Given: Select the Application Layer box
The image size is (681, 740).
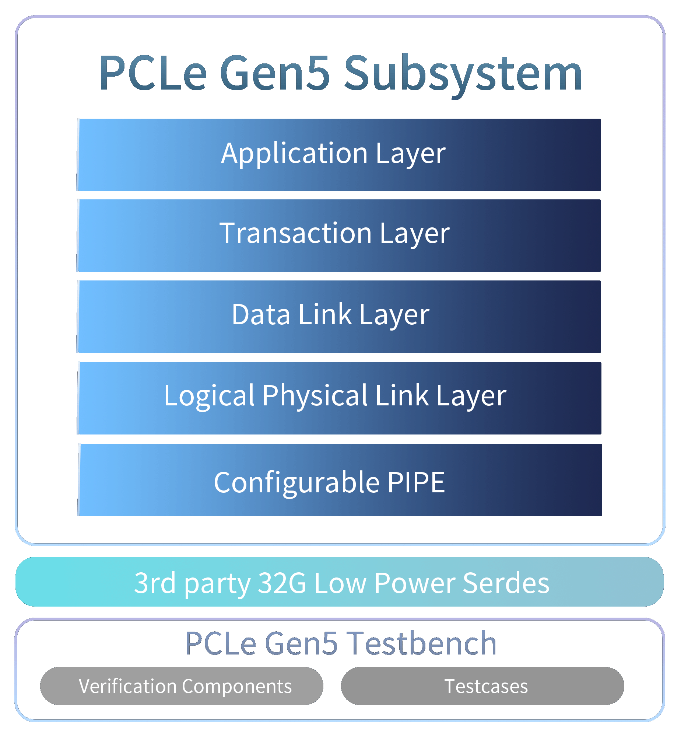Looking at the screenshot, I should pyautogui.click(x=339, y=155).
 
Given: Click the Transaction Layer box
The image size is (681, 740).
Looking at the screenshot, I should pyautogui.click(x=339, y=236).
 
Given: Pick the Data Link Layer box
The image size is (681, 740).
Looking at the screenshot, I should pyautogui.click(x=339, y=317).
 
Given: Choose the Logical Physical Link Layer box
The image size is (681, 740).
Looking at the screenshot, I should pyautogui.click(x=339, y=398).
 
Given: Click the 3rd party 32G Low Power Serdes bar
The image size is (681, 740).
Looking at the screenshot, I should pyautogui.click(x=339, y=583).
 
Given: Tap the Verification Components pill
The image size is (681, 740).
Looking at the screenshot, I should pyautogui.click(x=182, y=686).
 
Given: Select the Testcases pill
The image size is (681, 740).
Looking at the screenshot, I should pyautogui.click(x=482, y=686).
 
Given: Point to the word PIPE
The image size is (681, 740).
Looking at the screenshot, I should pyautogui.click(x=416, y=482).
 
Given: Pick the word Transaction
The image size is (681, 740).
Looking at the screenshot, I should pyautogui.click(x=295, y=233).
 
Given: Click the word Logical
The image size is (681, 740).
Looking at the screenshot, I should pyautogui.click(x=209, y=396).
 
